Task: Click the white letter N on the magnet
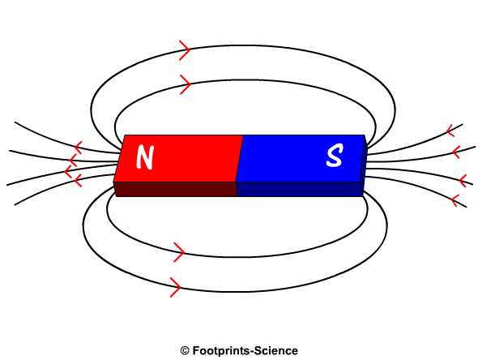tap(145, 157)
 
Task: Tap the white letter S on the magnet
tap(334, 156)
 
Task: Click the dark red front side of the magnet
tap(175, 189)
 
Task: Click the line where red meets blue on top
tap(238, 158)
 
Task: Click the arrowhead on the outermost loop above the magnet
tap(185, 51)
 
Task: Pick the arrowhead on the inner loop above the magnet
tap(185, 83)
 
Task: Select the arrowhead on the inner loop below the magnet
tap(179, 253)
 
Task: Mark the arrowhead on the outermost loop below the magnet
tap(174, 286)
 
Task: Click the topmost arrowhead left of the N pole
tap(78, 148)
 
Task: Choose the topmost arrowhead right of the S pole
tap(450, 130)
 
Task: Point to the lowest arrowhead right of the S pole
tap(455, 199)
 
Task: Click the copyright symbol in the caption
tap(185, 351)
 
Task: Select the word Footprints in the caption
tap(221, 351)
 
